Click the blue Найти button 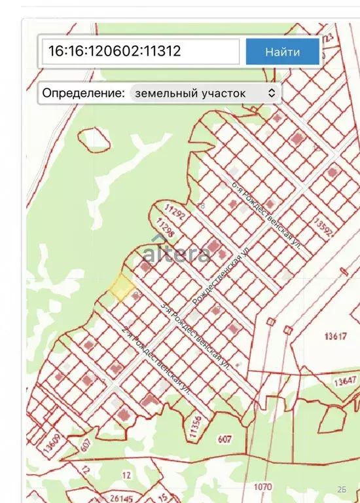(x=283, y=52)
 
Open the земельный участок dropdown (x=206, y=93)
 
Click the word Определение (x=82, y=93)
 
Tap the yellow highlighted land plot (x=121, y=287)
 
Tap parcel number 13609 (x=53, y=442)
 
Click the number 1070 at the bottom (x=262, y=487)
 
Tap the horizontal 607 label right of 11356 (x=225, y=439)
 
